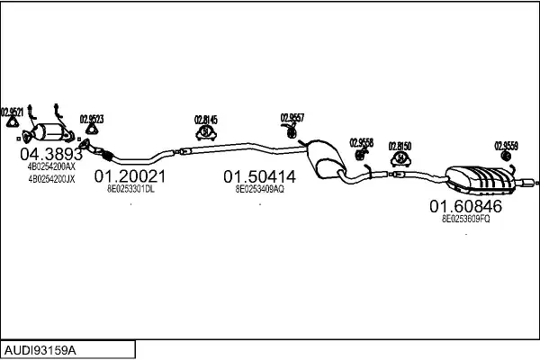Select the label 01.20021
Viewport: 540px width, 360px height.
pos(130,177)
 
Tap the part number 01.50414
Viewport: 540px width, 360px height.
pos(260,177)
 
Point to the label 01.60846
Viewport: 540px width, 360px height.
pos(465,206)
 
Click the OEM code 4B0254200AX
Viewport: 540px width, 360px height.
pos(51,167)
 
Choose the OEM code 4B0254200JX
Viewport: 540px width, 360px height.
pos(51,179)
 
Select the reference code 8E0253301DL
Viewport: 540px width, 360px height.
pos(131,190)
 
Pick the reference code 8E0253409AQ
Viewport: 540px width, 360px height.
pos(260,190)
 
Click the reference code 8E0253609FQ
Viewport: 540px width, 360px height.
pos(465,219)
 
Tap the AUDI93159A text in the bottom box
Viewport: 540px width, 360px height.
pos(40,348)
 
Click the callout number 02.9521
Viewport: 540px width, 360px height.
pos(13,112)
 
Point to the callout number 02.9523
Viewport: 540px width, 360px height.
pos(91,119)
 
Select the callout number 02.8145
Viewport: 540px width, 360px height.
pos(205,119)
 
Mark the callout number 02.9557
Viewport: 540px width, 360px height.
pos(292,117)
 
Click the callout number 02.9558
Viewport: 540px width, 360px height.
pos(361,142)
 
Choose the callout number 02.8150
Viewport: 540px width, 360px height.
pos(400,145)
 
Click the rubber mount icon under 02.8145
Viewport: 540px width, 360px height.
pos(205,133)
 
